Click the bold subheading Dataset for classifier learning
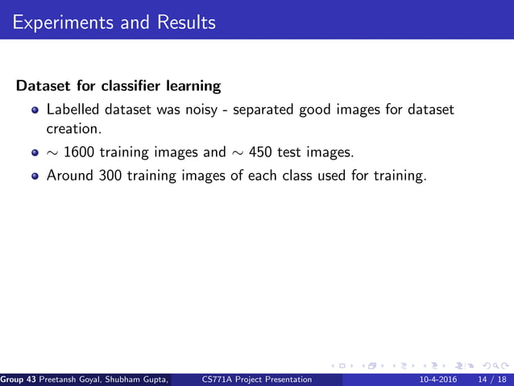[x=118, y=85]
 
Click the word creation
[x=73, y=128]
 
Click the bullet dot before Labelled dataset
[x=35, y=110]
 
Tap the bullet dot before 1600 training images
[x=35, y=152]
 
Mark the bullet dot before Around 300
[x=35, y=176]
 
